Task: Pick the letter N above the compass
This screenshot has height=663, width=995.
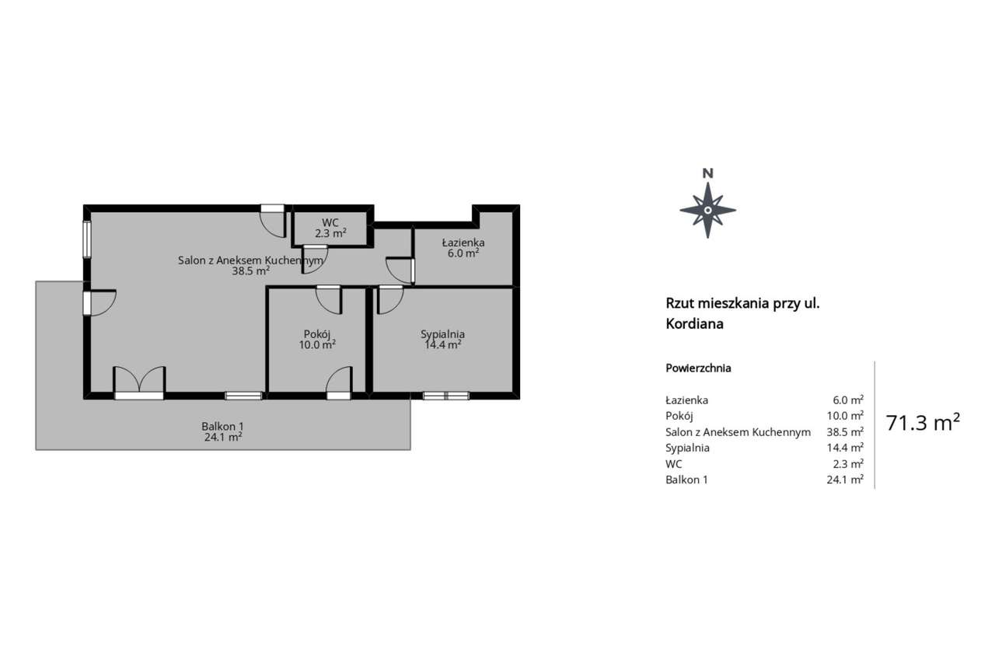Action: point(707,173)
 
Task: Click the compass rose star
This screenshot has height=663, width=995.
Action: point(707,210)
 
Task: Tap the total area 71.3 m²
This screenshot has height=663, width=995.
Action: point(923,423)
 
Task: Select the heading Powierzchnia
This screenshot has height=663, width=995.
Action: point(698,368)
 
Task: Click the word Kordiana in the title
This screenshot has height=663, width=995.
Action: point(694,324)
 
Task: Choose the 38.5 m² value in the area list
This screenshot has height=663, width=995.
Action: point(845,431)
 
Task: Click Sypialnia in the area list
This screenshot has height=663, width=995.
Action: point(687,448)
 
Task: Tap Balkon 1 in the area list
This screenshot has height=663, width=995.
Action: point(686,480)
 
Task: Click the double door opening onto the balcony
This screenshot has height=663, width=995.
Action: point(139,382)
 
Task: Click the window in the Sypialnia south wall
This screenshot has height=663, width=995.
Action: point(446,396)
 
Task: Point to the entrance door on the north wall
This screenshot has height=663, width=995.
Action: point(272,219)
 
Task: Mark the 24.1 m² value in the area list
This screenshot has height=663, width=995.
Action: point(845,480)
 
